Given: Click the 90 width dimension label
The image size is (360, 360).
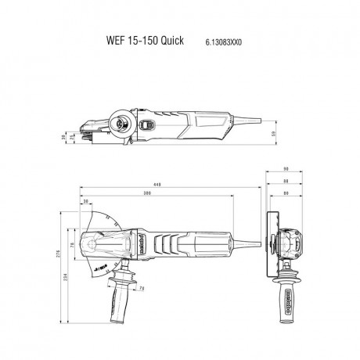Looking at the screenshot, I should click(x=286, y=169).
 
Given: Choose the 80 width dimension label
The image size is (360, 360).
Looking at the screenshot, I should click(x=286, y=193).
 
